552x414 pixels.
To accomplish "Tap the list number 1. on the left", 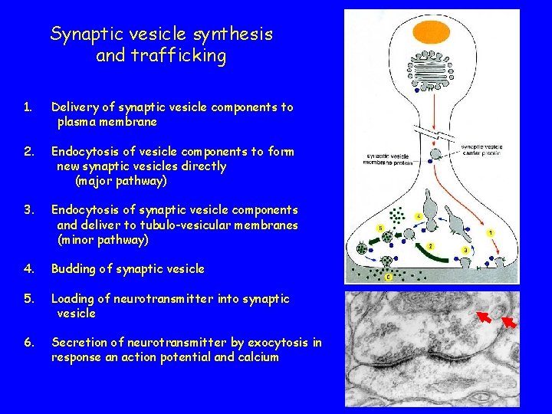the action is [x=28, y=107].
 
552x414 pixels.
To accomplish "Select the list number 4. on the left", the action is [x=28, y=269].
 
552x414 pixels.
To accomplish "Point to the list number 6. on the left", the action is [x=28, y=343].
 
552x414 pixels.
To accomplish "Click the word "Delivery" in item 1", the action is [x=74, y=107].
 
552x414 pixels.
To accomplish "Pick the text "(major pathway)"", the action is [x=120, y=182].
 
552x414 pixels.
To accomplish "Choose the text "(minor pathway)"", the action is [x=103, y=240].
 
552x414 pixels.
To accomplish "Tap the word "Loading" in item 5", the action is [x=76, y=299].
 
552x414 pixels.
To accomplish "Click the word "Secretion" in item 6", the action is [x=80, y=343].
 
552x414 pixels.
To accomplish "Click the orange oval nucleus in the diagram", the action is [x=431, y=33].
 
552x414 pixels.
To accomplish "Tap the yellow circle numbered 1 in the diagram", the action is [x=491, y=233].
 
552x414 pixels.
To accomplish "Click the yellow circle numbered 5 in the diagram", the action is [x=380, y=228].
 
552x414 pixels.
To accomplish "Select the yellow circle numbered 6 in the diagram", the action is [x=388, y=277].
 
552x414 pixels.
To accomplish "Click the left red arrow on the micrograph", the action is [x=484, y=316].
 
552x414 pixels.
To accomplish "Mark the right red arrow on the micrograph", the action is [x=509, y=320].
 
